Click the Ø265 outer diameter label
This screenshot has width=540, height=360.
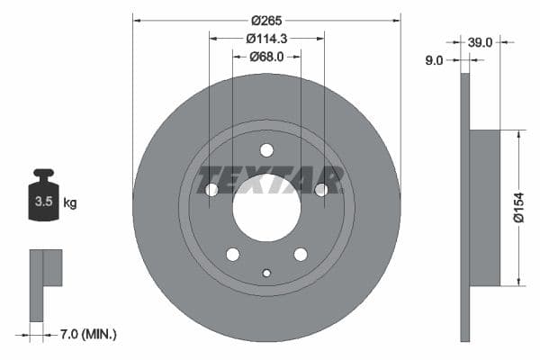(266, 19)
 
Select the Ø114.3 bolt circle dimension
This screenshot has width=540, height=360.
(266, 38)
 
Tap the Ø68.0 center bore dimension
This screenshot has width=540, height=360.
(266, 56)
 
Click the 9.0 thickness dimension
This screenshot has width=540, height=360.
(435, 60)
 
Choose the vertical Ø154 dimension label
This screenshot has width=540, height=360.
(518, 209)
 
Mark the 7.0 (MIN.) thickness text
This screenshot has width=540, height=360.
(87, 335)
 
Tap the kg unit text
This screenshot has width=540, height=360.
(70, 203)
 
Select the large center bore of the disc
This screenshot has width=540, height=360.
(266, 208)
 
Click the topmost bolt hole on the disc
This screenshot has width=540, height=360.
(266, 150)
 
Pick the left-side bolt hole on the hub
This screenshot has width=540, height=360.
(211, 190)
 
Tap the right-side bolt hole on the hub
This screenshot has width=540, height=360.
(321, 190)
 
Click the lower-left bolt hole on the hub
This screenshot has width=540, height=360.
(232, 254)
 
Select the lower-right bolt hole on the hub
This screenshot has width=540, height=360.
(301, 254)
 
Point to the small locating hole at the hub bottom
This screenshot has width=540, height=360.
(266, 273)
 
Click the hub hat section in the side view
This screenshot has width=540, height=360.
(485, 208)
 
